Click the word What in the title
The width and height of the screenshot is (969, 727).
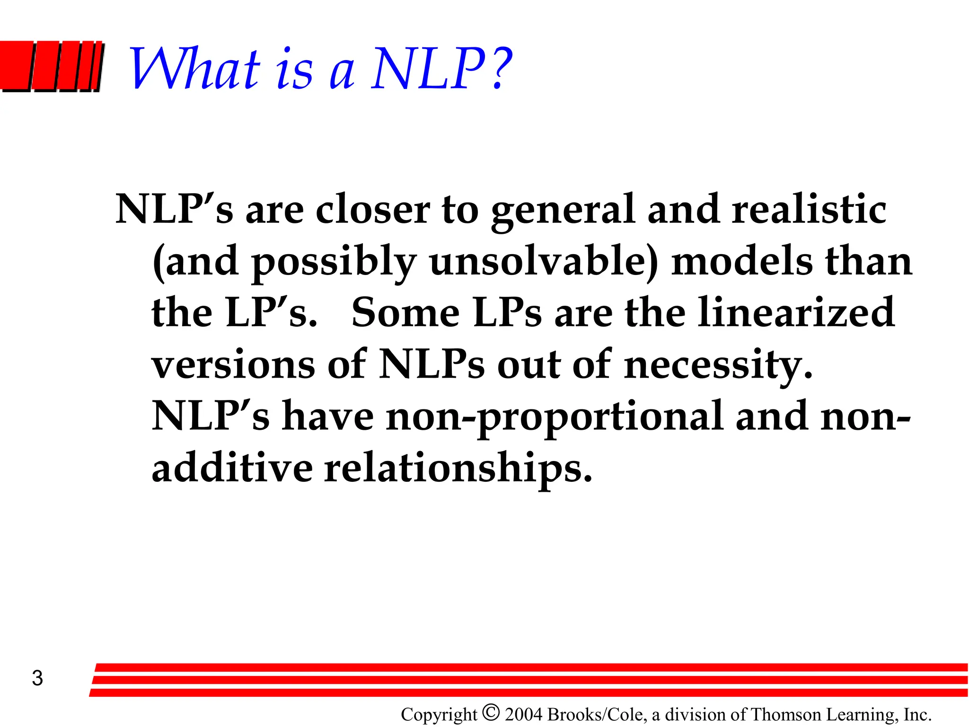click(x=194, y=70)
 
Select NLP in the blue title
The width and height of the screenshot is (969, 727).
click(x=429, y=70)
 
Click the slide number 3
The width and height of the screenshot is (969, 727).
click(x=37, y=678)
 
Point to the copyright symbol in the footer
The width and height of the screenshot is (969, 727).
click(x=491, y=712)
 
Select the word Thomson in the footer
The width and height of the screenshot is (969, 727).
click(x=785, y=714)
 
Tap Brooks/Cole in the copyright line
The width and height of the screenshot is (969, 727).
click(x=597, y=714)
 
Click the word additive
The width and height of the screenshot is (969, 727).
click(x=232, y=468)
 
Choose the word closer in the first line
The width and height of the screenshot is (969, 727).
click(x=373, y=209)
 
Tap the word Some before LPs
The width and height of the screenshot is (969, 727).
click(x=405, y=312)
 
